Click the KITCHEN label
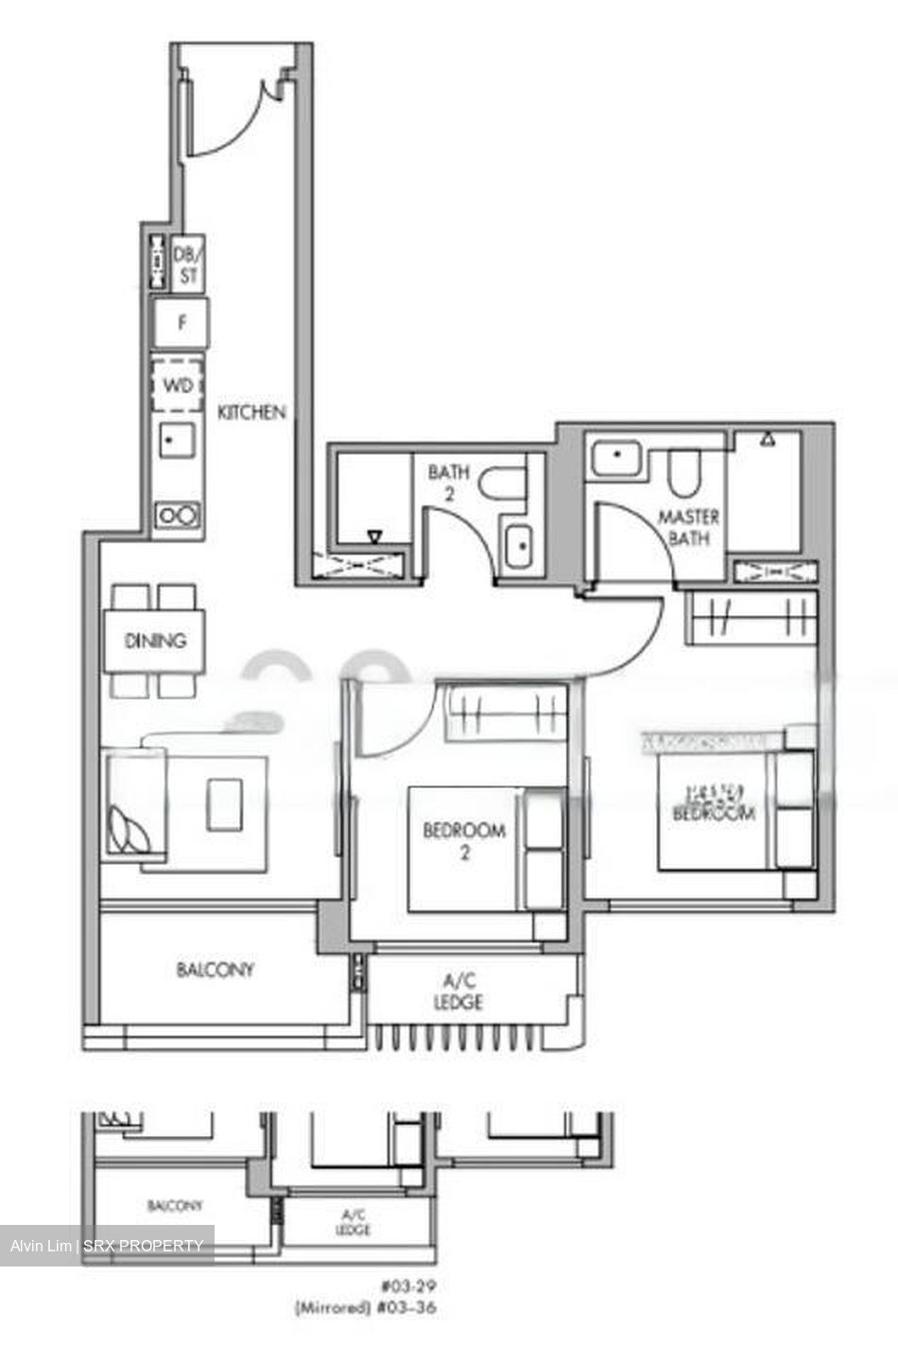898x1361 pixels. [x=251, y=412]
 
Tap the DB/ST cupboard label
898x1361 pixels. [x=188, y=265]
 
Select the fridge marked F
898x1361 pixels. [x=181, y=323]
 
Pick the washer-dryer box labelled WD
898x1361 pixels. [x=178, y=386]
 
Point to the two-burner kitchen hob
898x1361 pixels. [x=178, y=515]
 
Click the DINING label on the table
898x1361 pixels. [x=156, y=641]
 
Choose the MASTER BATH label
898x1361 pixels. [x=689, y=527]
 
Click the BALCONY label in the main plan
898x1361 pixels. [x=216, y=970]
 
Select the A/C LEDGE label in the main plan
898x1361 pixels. [x=458, y=991]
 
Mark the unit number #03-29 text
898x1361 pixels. [x=409, y=1286]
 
